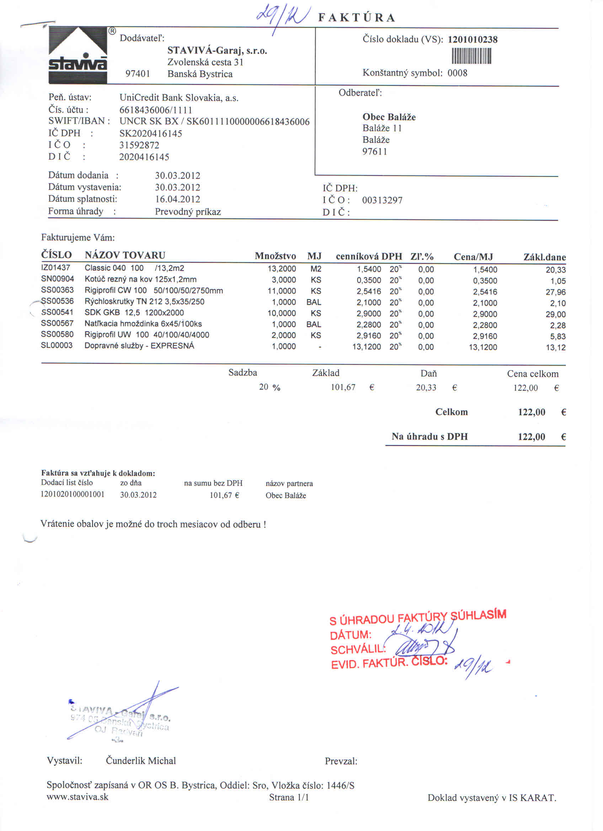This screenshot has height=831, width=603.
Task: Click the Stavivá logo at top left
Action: click(x=78, y=55)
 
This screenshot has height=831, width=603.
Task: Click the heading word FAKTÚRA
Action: click(x=357, y=18)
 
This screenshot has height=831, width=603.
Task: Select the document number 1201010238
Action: click(x=472, y=39)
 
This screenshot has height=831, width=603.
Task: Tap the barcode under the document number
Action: click(x=471, y=57)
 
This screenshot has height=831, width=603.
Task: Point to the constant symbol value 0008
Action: click(x=457, y=73)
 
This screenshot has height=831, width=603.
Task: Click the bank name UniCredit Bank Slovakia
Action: click(x=179, y=98)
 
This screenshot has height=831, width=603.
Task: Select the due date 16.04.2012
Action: click(x=177, y=199)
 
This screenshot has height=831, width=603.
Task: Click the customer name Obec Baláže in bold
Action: click(x=389, y=117)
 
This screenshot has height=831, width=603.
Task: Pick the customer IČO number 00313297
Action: click(x=382, y=200)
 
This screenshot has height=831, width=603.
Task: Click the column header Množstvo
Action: click(x=275, y=256)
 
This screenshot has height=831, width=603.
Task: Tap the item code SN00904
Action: click(x=58, y=279)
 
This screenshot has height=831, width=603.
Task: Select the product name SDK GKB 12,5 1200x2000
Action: click(x=134, y=313)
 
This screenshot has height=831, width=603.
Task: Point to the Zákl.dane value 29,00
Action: click(x=555, y=314)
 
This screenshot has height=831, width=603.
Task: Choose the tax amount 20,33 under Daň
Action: click(x=426, y=388)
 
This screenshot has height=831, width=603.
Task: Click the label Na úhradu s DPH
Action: click(x=429, y=436)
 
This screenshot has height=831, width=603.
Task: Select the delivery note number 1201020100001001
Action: click(x=73, y=494)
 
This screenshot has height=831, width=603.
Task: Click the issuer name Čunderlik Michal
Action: click(x=141, y=761)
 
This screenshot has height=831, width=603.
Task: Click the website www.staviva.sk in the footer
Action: click(x=78, y=797)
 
